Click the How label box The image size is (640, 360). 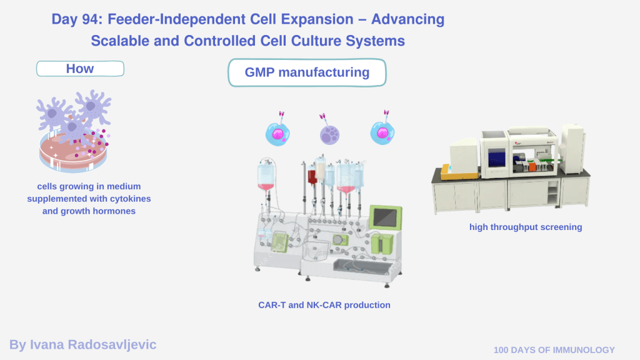(x=80, y=69)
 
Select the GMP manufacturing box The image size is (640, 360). (x=307, y=72)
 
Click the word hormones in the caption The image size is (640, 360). (x=112, y=211)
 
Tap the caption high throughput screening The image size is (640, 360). (x=526, y=227)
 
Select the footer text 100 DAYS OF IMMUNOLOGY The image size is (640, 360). (x=554, y=350)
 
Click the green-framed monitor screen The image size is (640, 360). (x=384, y=217)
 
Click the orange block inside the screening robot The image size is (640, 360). (x=532, y=166)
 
